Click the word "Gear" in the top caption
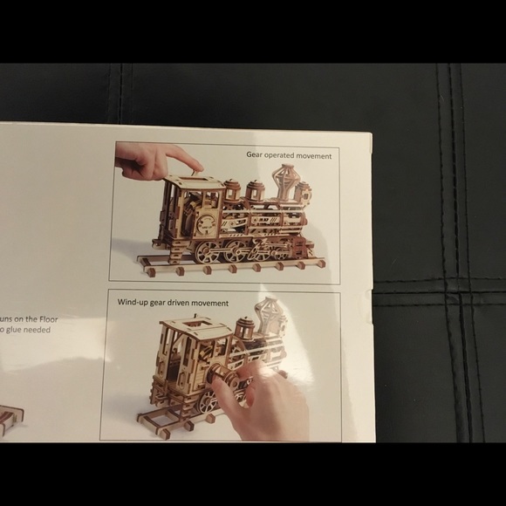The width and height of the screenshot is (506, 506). (x=255, y=155)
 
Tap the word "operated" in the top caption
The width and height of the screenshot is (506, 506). (x=283, y=155)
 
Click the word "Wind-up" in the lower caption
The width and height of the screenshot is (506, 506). (x=133, y=303)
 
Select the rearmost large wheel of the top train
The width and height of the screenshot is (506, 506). (x=208, y=252)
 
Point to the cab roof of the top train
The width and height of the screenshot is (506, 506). (x=194, y=182)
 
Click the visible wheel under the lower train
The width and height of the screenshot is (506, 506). (x=208, y=401)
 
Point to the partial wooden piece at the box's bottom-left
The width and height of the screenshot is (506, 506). (x=6, y=421)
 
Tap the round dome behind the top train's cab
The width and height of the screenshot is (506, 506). (x=232, y=189)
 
